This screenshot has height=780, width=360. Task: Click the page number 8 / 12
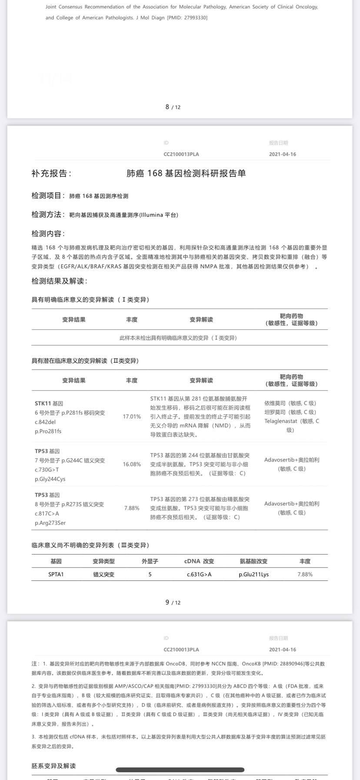point(173,107)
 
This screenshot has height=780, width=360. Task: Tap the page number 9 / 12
point(173,602)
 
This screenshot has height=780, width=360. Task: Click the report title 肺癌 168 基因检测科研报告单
point(186,173)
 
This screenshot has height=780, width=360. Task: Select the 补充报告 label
point(51,173)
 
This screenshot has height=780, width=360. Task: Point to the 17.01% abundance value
point(132,416)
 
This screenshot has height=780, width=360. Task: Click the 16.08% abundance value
point(132,464)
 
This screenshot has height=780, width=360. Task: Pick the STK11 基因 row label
point(49,403)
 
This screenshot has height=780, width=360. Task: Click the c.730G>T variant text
point(47,470)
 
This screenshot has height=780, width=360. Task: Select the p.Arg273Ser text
point(50,522)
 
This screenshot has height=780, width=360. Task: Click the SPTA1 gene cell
point(56,574)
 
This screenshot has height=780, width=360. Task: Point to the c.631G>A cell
point(199,574)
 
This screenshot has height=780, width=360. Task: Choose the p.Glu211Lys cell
point(253,574)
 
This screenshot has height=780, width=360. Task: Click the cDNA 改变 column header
point(199,561)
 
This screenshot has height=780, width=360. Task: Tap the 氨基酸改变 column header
point(253,561)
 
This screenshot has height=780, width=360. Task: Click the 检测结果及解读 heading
point(59,281)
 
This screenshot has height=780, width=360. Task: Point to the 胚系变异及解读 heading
point(53,766)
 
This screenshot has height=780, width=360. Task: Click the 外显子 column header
point(150,561)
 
